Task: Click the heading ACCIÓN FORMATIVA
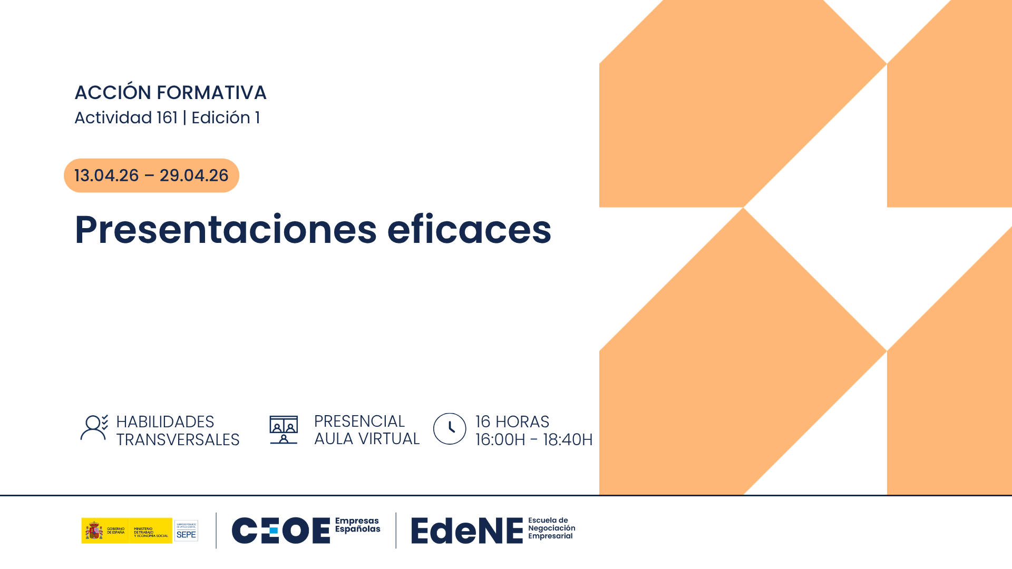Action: [x=170, y=93]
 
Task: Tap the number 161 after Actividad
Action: [x=167, y=117]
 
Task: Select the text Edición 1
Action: [x=226, y=117]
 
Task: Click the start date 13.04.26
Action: [x=106, y=175]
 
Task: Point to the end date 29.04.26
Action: [x=194, y=175]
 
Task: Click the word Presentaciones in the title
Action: [x=226, y=230]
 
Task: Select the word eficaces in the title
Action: [x=469, y=230]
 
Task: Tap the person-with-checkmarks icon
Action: [x=94, y=427]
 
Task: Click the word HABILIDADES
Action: [x=165, y=421]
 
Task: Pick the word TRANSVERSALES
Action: [x=178, y=439]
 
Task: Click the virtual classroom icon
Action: [x=284, y=429]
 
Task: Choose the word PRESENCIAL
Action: [x=359, y=421]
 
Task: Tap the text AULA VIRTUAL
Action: [x=367, y=438]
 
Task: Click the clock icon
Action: [x=450, y=429]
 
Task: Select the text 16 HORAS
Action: [x=512, y=421]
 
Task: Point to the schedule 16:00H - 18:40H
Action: [x=534, y=439]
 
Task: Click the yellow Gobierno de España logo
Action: [x=126, y=530]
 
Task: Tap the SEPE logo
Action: [x=186, y=531]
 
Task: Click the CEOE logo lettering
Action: [x=280, y=530]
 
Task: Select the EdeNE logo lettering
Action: [x=467, y=531]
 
